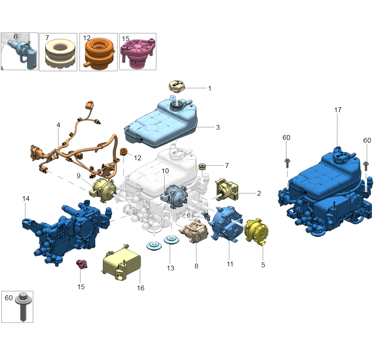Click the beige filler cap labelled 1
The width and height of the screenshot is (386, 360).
pyautogui.click(x=177, y=86)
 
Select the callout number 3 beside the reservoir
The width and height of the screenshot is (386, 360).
pyautogui.click(x=218, y=127)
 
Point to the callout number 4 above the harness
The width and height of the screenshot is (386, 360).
pyautogui.click(x=58, y=125)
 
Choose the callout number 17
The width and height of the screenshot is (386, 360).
pyautogui.click(x=338, y=110)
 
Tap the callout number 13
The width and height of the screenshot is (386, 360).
pyautogui.click(x=170, y=268)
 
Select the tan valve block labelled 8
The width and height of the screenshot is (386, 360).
pyautogui.click(x=194, y=231)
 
